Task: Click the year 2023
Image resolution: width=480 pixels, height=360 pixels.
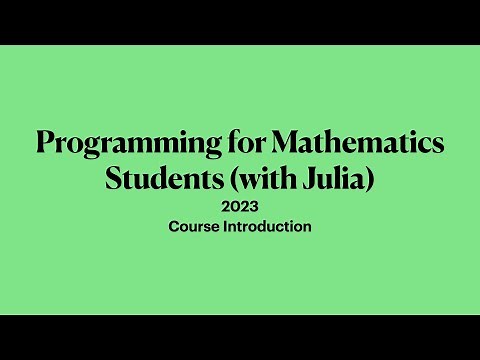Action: pyautogui.click(x=240, y=208)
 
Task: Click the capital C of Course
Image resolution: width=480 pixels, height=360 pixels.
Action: pyautogui.click(x=174, y=227)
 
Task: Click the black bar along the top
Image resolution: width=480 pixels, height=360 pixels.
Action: pyautogui.click(x=240, y=22)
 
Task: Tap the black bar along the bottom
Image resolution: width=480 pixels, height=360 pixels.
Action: pyautogui.click(x=240, y=337)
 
